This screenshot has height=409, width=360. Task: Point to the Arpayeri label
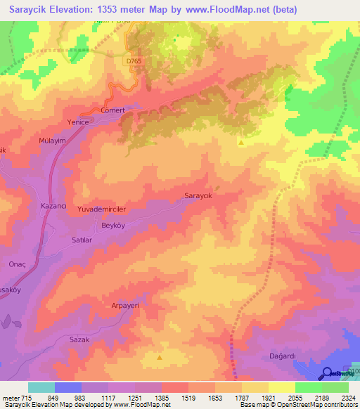108,306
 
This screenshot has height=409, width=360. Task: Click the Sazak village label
79,339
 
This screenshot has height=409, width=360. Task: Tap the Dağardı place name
283,356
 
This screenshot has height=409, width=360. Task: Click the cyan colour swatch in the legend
41,387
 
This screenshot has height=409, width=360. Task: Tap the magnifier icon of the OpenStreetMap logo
327,373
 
